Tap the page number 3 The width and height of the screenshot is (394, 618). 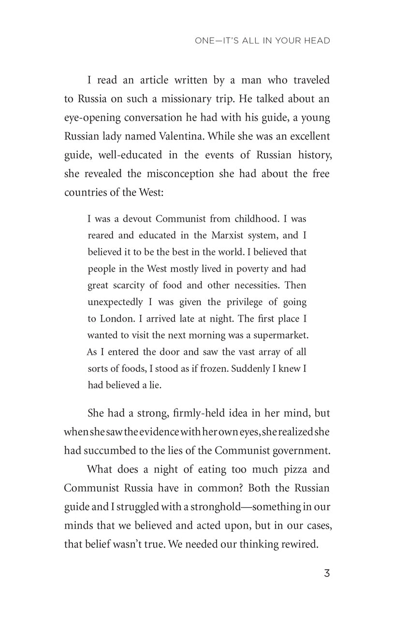327,574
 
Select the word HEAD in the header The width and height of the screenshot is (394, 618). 317,41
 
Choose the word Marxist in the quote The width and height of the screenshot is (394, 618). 229,235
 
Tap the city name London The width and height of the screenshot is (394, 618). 113,319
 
